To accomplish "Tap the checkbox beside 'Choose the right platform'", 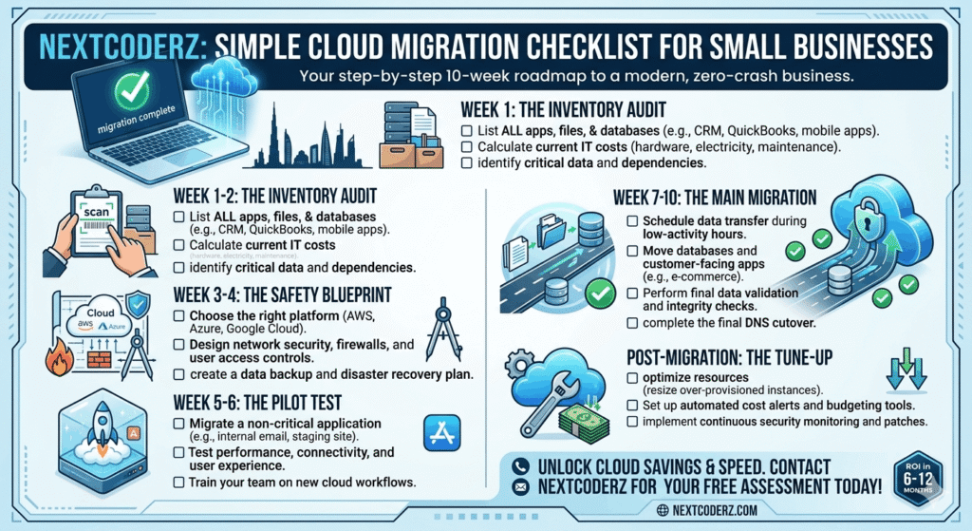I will click(x=179, y=315).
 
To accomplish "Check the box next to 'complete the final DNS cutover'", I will click(x=633, y=324).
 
